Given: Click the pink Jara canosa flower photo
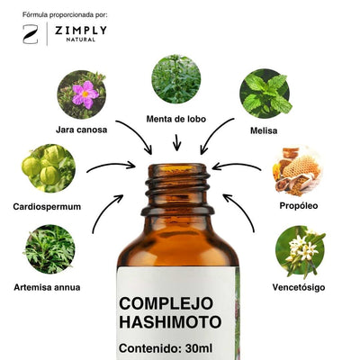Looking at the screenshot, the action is click(x=82, y=94).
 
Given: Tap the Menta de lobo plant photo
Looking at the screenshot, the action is click(x=176, y=79).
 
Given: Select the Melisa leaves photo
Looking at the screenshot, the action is click(x=265, y=94).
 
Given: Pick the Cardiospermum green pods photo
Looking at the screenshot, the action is click(x=49, y=168).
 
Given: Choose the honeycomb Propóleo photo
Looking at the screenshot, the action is click(x=297, y=170).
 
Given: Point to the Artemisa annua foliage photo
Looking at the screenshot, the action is click(x=49, y=249).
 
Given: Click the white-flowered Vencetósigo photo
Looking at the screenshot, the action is click(x=300, y=251).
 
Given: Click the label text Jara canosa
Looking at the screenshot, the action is click(x=82, y=130).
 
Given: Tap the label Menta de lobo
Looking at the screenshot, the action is click(x=176, y=119).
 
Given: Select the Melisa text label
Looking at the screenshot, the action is click(x=264, y=130).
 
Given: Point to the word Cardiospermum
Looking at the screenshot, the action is click(x=47, y=207).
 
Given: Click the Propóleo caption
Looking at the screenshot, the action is click(x=299, y=206).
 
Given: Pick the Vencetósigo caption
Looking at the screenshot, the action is click(x=299, y=287).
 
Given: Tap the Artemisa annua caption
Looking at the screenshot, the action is click(x=47, y=287).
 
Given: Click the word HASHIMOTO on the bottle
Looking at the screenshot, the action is click(x=170, y=322).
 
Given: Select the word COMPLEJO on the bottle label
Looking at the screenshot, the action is click(x=166, y=303).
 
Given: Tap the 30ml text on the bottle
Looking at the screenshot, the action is click(x=199, y=348).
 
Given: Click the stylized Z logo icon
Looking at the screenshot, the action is click(x=31, y=34).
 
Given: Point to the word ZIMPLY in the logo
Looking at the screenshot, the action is click(x=81, y=31).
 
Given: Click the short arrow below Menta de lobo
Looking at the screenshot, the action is click(x=177, y=142).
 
